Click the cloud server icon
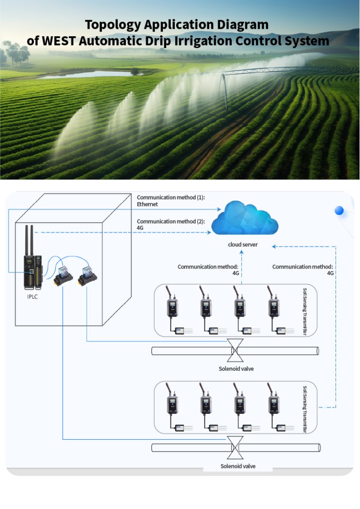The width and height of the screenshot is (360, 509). [x=244, y=218]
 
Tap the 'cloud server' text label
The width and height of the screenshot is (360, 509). [x=243, y=245]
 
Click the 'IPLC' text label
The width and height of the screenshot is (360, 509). [x=33, y=298]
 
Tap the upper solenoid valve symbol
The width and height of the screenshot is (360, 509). [x=235, y=351]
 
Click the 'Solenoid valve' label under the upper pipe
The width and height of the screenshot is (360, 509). [x=236, y=369]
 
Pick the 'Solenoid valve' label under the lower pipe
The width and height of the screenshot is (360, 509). [x=238, y=466]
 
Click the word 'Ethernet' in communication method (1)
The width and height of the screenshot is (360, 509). [x=147, y=205]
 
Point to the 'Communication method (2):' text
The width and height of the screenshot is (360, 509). [x=171, y=221]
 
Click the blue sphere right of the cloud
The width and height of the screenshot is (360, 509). [x=339, y=211]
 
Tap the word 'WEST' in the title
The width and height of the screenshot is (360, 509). [x=59, y=41]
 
